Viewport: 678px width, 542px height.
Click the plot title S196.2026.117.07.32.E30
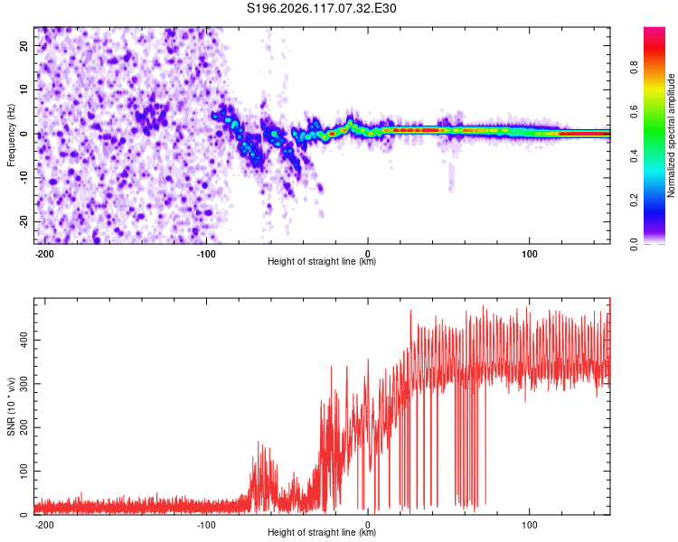[321, 8]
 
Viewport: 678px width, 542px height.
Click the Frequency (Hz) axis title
[11, 135]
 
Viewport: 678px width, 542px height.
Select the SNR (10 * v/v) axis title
[11, 406]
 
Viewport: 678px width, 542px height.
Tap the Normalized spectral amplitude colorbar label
[671, 135]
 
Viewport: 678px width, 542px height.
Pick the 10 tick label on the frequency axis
[24, 89]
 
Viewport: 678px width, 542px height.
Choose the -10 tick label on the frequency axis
[24, 178]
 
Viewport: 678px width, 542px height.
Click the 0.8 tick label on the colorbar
[634, 68]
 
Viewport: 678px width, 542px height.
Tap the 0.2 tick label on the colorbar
[634, 200]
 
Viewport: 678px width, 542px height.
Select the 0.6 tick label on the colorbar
[634, 111]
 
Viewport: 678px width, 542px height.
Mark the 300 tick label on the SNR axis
[24, 384]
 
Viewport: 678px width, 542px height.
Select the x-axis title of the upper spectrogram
[322, 261]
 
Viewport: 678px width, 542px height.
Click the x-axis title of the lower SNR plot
[322, 532]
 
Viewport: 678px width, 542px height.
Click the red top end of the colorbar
[654, 28]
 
